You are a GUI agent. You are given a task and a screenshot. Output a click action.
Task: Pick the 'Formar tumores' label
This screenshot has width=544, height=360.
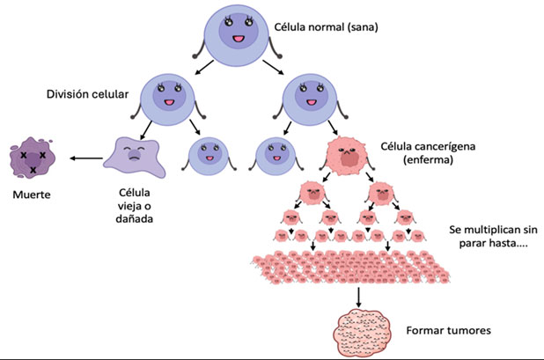pyautogui.click(x=449, y=331)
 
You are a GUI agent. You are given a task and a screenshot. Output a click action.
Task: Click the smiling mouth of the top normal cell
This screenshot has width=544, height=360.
pyautogui.click(x=238, y=41)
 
